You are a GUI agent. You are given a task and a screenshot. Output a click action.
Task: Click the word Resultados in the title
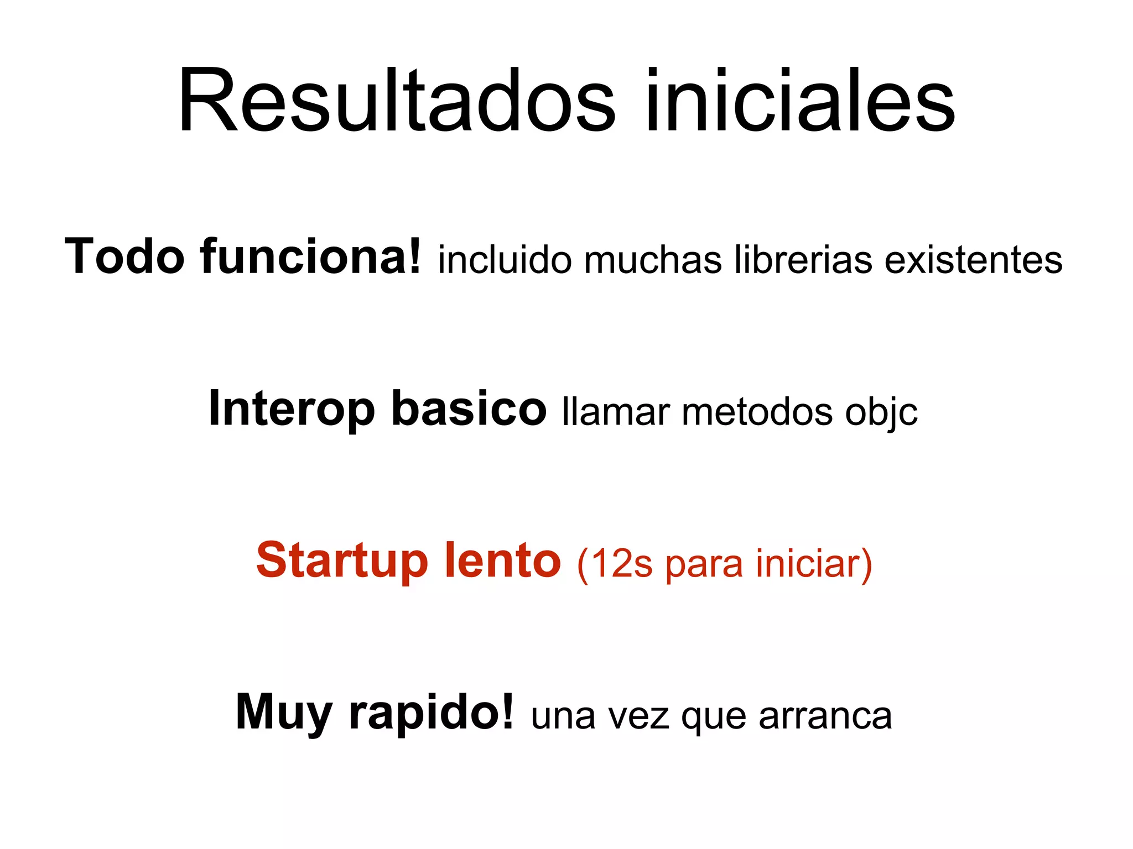396,101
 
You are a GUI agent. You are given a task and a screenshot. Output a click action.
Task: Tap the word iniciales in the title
800,101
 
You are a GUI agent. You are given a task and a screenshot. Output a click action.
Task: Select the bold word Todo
124,256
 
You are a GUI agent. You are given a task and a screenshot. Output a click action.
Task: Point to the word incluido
505,260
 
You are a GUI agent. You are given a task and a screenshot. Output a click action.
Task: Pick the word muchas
653,260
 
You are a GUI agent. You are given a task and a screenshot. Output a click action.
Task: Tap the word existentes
973,260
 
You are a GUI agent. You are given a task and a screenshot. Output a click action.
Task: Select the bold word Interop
292,410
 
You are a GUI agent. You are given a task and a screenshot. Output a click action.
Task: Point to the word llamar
616,412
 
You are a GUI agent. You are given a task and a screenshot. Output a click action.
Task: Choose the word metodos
757,412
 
